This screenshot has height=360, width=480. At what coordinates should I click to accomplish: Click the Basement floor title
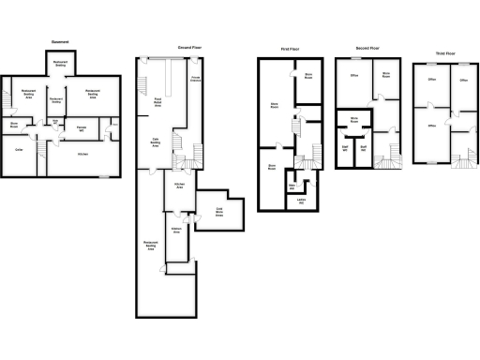coord(61,41)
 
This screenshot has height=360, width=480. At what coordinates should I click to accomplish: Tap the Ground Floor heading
coord(191,47)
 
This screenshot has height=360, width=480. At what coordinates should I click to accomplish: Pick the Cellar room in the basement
coord(19,148)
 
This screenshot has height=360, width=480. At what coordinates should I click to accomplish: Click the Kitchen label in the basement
coord(82,153)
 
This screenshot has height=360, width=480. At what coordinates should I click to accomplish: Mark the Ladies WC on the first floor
coord(300,203)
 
